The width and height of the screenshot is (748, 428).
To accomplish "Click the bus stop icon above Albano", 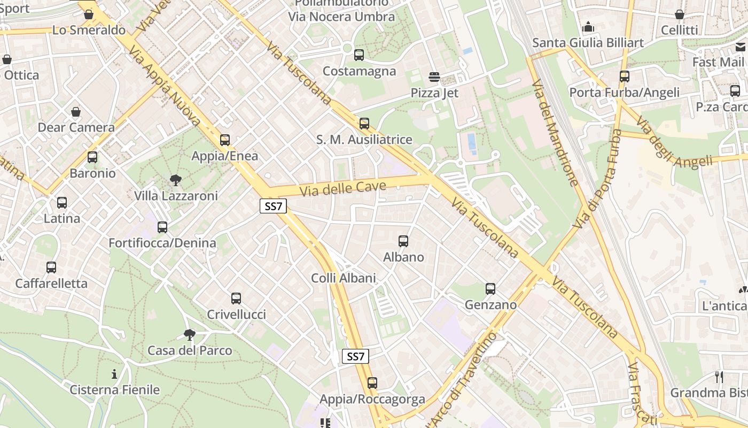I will pos(403,241).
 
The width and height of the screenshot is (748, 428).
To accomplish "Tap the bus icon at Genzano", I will pos(490,289).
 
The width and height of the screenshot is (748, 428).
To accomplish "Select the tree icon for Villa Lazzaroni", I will pos(175,180).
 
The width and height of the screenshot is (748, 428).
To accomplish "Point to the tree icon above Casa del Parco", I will pos(189,335).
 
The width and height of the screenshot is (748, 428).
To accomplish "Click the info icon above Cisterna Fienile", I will pos(114,374).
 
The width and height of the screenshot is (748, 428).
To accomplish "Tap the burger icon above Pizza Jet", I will pos(434,77).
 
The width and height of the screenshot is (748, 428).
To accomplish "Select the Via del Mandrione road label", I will pos(555,133).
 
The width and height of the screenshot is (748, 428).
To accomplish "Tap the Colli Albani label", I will pos(344,278).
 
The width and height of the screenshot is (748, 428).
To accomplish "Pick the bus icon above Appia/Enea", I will pos(225,140).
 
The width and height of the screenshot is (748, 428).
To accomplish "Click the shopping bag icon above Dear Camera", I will pos(76,112).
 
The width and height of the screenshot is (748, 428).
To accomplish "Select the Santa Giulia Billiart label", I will pos(588,42).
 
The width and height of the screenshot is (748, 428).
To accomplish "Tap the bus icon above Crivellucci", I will pos(236,299).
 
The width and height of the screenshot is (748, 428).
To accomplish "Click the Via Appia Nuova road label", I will pos(165,86).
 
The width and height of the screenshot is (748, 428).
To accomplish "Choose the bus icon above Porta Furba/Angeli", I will pos(624,77).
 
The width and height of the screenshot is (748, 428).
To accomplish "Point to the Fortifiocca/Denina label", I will pos(162,243).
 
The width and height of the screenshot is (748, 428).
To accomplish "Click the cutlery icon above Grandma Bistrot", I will pos(719,377).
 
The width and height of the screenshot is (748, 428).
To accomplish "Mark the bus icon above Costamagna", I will pos(359,55).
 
